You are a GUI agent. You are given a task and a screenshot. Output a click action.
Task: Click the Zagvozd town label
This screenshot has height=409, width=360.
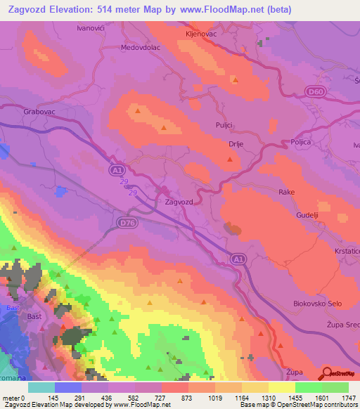point(178,202)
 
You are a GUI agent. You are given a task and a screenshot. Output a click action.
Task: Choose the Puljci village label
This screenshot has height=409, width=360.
point(224,124)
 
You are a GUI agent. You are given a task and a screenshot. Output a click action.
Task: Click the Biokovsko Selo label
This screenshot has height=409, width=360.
point(316,303)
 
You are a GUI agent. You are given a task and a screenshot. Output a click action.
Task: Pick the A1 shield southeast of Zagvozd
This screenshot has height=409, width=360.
point(238,260)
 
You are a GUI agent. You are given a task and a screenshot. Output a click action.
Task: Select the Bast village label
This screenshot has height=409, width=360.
point(34,318)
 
